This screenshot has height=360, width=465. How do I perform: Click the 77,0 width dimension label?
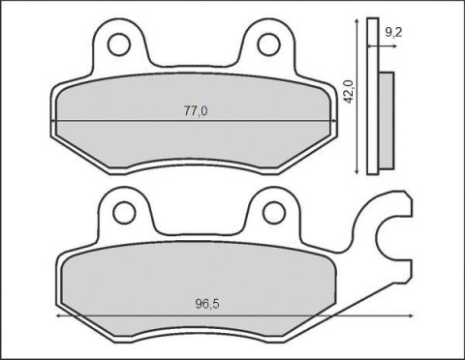pos(196,110)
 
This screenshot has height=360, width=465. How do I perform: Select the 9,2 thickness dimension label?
pos(394,33)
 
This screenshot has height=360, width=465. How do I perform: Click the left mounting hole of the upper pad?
pos(118,45)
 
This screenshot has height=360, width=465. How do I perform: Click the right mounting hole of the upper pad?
pos(266,45)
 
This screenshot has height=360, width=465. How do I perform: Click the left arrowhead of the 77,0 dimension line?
pos(56,120)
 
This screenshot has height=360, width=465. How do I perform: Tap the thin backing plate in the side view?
pos(375,97)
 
